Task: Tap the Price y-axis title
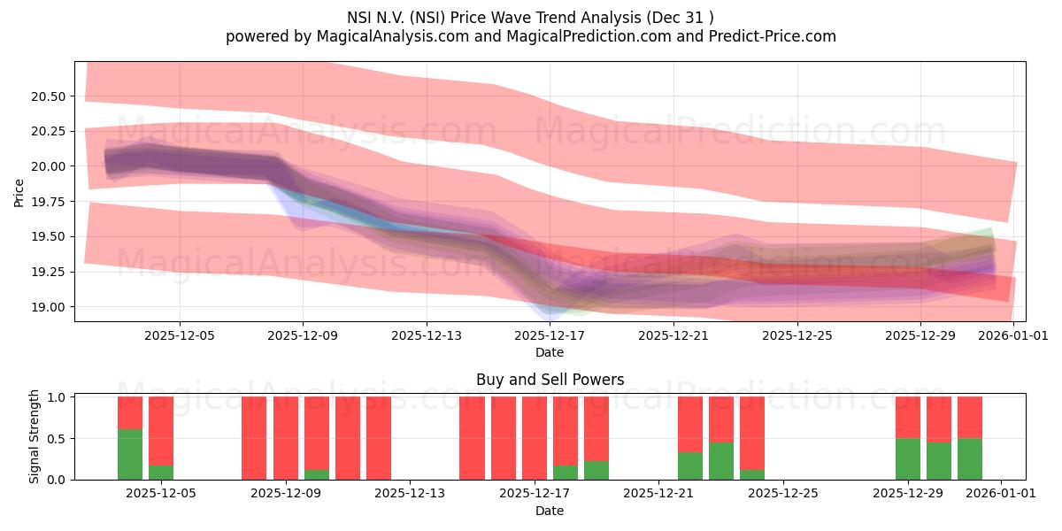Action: click(x=19, y=192)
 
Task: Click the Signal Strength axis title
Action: click(x=34, y=436)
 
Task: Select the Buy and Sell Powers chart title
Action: click(x=550, y=380)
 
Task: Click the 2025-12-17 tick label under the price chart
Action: click(x=550, y=335)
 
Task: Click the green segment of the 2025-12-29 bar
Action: click(x=908, y=458)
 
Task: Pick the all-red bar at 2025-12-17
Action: click(x=535, y=438)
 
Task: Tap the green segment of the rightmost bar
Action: click(x=970, y=458)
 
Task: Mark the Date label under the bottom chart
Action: click(x=550, y=511)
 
